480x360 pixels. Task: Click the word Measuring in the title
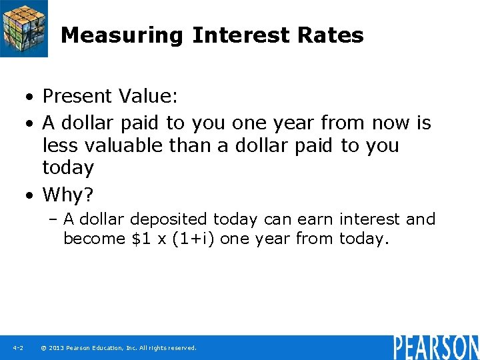[x=121, y=35]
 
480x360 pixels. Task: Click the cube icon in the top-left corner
[x=23, y=28]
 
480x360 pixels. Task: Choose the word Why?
[x=68, y=195]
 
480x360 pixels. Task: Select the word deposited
[x=170, y=219]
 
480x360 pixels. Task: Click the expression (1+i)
[x=193, y=239]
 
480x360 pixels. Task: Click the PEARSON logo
[x=435, y=347]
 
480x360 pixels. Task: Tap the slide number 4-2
[x=17, y=348]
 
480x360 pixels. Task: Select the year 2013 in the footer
[x=57, y=348]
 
